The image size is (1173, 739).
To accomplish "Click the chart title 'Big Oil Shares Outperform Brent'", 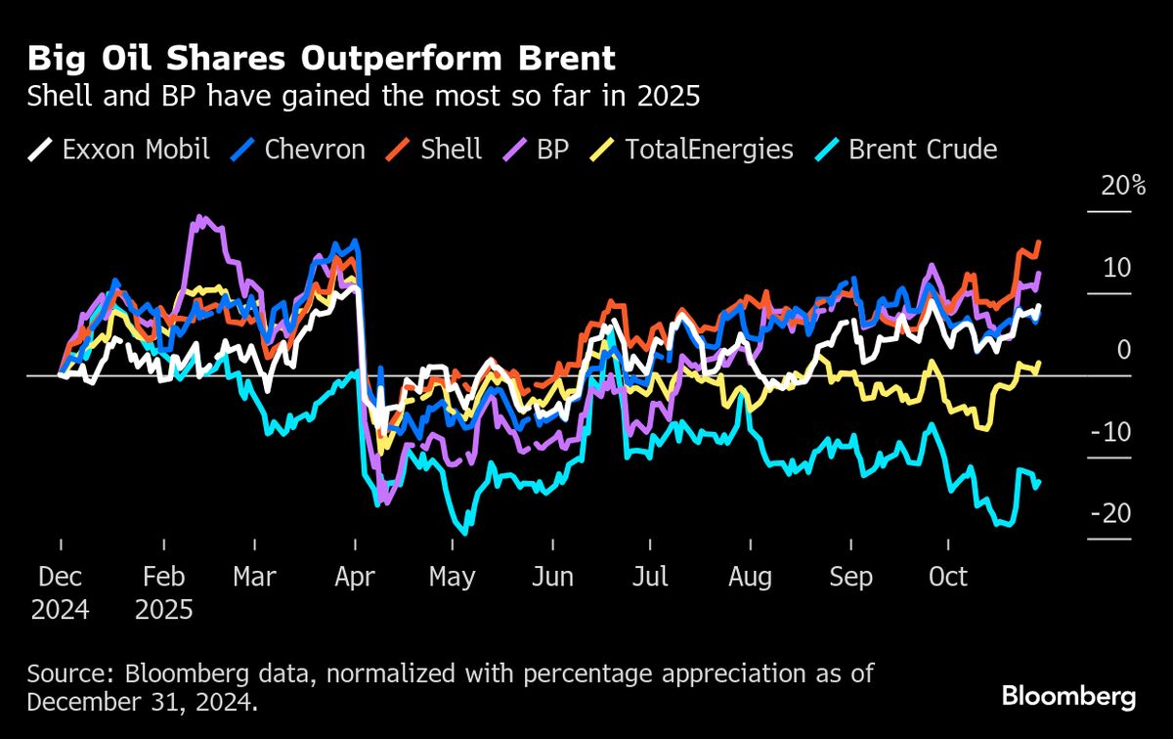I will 322,59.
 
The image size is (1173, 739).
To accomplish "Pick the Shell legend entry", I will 435,150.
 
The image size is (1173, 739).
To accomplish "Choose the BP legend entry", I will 539,150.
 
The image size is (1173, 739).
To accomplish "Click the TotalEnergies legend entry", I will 693,150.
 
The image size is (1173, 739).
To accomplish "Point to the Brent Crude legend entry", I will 906,150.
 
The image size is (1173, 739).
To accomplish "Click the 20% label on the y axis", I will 1123,186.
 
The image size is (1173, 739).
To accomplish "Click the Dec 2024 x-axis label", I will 60,592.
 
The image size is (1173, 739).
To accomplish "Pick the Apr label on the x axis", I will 355,577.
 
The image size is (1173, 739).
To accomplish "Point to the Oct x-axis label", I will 947,577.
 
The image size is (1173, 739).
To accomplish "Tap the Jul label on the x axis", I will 650,577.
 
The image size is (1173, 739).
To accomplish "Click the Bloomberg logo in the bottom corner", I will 1068,697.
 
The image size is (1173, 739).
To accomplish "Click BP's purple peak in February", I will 200,218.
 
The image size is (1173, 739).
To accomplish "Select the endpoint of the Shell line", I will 1039,241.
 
